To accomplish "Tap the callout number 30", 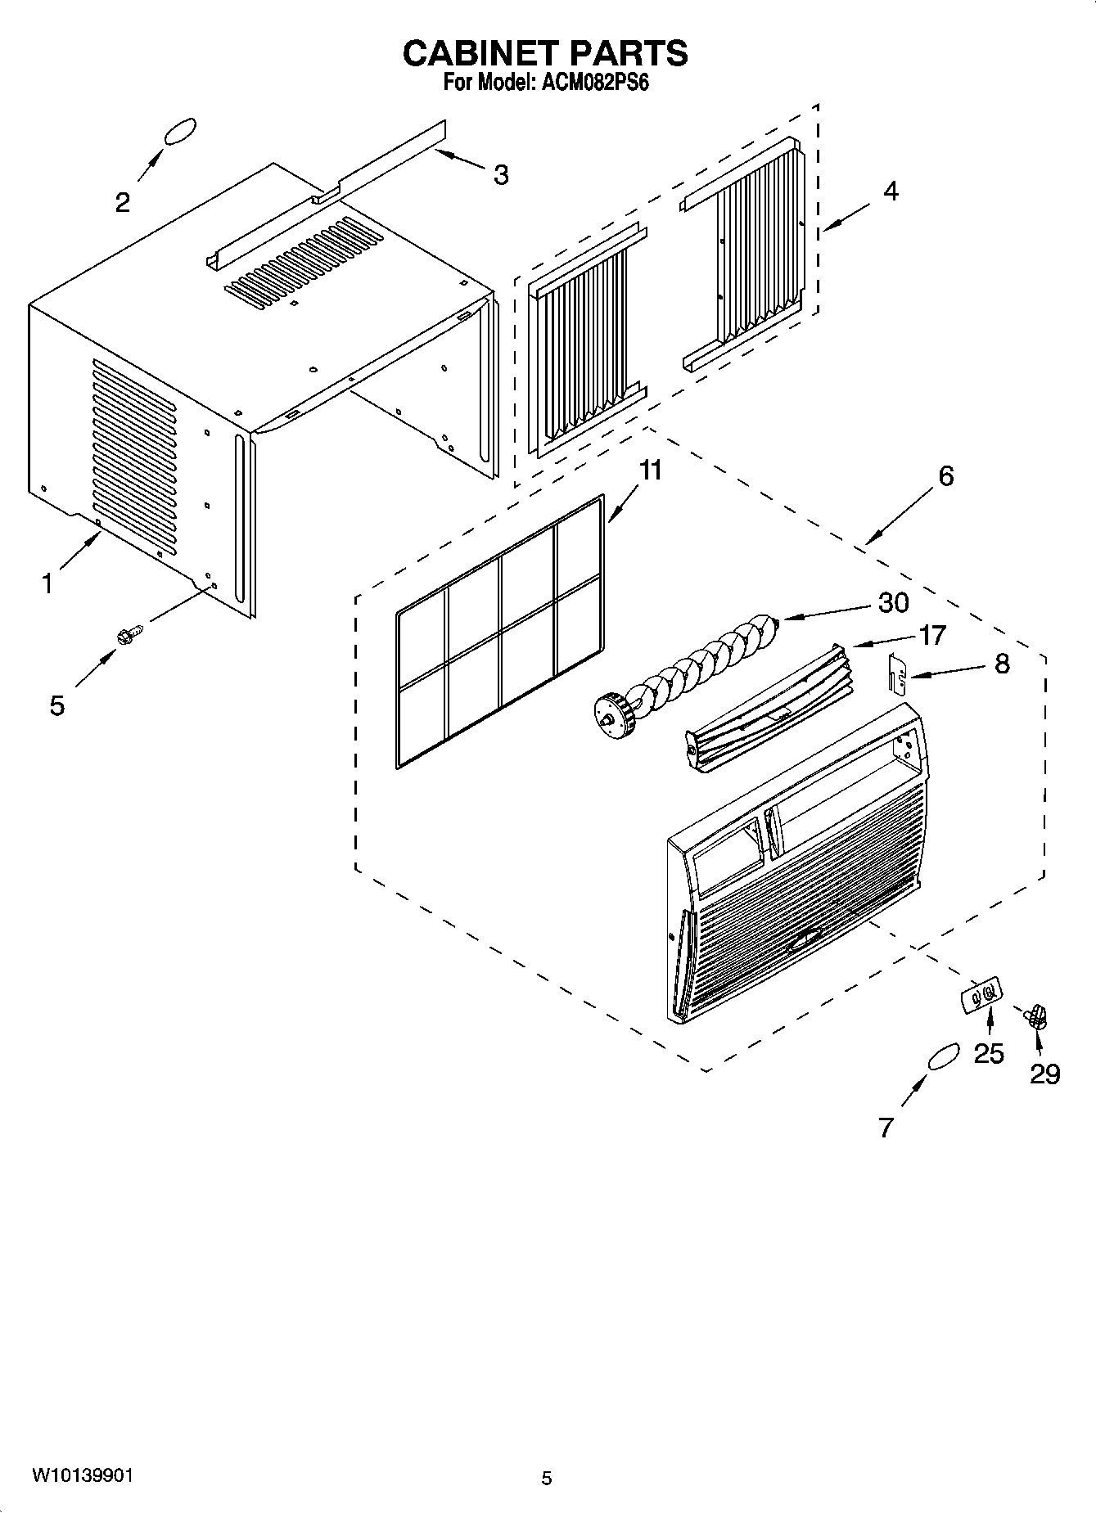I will click(x=893, y=603).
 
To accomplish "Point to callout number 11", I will click(x=650, y=471).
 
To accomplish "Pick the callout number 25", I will click(x=989, y=1053).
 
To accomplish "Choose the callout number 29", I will click(x=1044, y=1073).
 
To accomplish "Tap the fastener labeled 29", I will click(x=1037, y=1017).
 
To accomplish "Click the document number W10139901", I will click(x=82, y=1475).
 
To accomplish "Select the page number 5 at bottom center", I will click(x=547, y=1478).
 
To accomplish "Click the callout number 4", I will click(x=890, y=191).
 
